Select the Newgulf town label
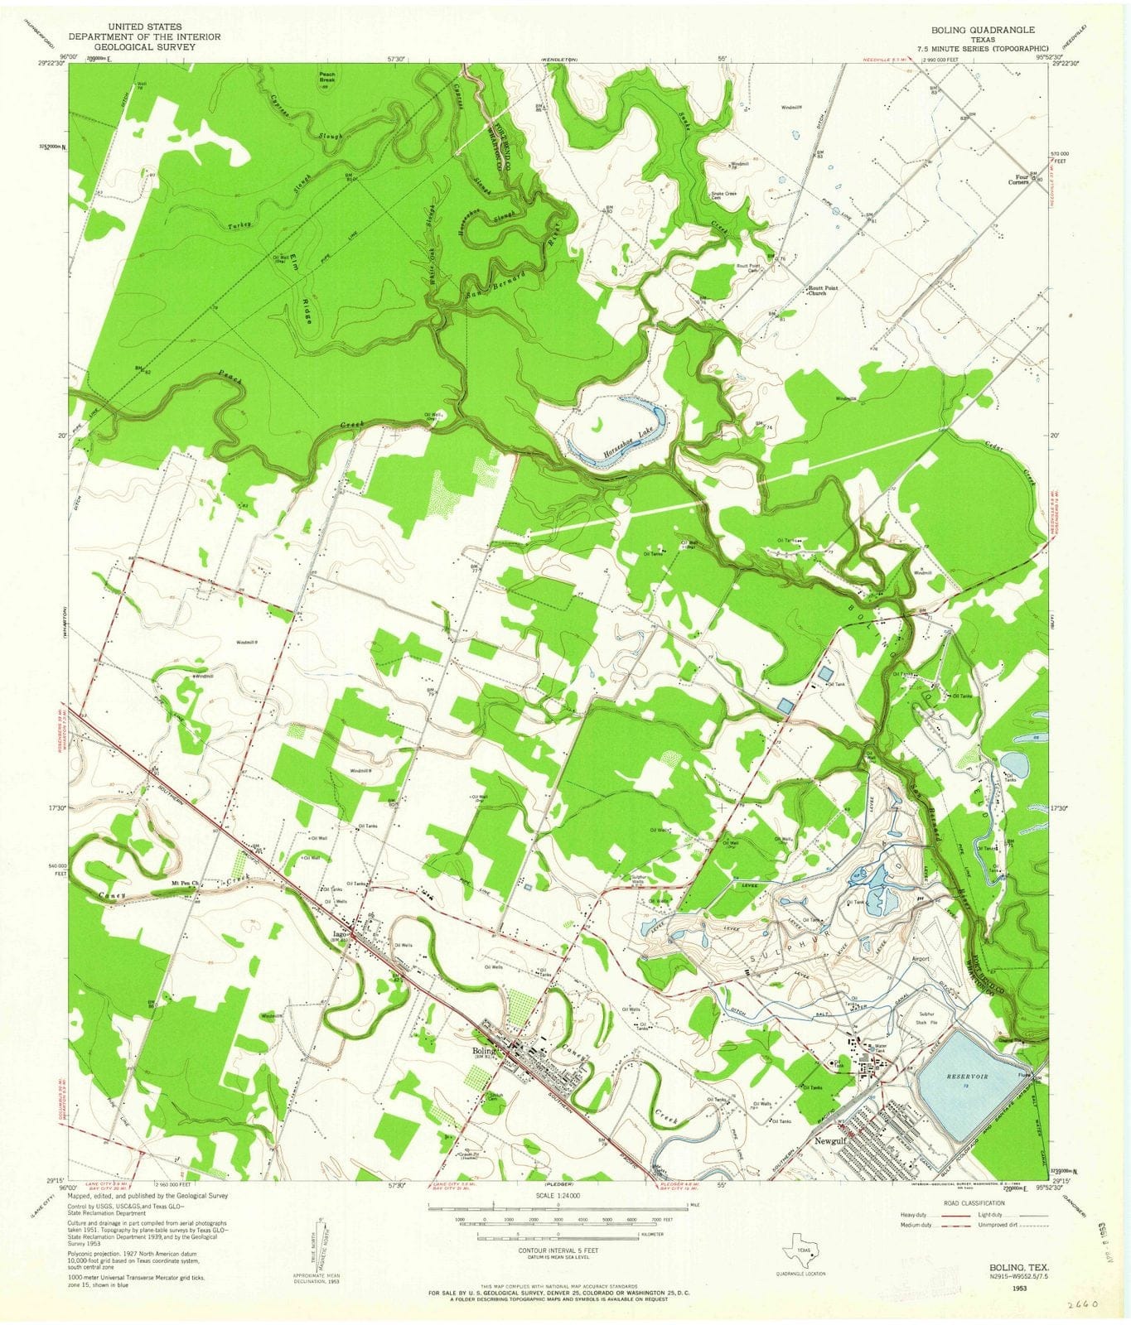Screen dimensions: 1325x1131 pyautogui.click(x=832, y=1140)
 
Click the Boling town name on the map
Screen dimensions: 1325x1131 pyautogui.click(x=483, y=1052)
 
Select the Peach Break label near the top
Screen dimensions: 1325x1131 pyautogui.click(x=326, y=77)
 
